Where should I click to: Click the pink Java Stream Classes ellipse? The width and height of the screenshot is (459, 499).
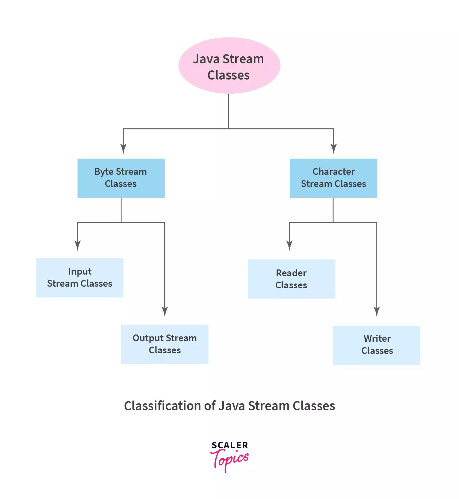[229, 66]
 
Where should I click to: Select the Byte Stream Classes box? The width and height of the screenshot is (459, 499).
[121, 178]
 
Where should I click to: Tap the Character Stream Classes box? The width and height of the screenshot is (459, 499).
[334, 178]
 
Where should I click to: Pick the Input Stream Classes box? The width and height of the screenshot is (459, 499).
[80, 278]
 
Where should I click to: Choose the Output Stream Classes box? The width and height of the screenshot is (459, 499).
[165, 344]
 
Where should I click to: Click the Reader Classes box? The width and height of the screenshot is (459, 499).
[291, 279]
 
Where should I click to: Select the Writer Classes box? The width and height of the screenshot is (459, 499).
[377, 345]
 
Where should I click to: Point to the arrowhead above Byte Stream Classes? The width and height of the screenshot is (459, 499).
[123, 149]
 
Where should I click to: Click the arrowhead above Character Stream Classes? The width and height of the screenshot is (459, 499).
[334, 149]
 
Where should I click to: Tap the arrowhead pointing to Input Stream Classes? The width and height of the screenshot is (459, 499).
[78, 245]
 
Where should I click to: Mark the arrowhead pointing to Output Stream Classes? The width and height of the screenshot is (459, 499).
[165, 312]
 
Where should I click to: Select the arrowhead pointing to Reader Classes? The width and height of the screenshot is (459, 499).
[290, 245]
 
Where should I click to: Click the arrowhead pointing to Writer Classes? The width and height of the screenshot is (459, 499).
[377, 312]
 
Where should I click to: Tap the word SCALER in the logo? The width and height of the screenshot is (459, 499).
[230, 445]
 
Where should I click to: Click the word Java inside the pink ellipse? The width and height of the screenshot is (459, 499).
[206, 59]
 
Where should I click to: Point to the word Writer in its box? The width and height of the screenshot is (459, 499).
[377, 339]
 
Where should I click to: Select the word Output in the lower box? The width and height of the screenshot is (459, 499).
[148, 338]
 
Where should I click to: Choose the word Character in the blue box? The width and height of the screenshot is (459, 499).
[334, 172]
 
